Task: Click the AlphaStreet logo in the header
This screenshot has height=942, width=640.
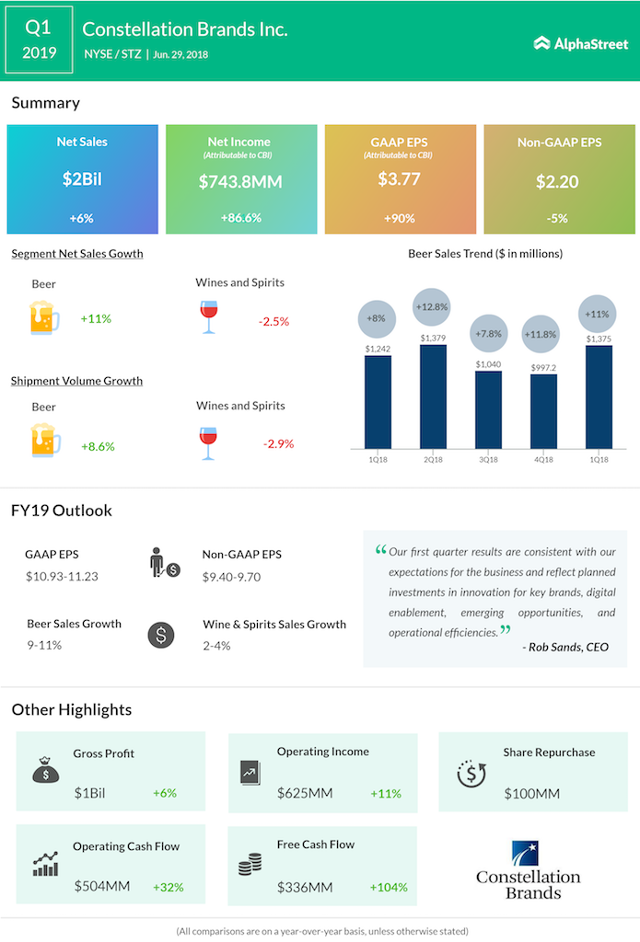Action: point(579,42)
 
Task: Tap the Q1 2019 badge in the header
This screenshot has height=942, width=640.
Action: point(39,40)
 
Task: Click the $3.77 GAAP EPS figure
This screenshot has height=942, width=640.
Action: point(400,178)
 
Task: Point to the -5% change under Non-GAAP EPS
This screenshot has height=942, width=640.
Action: point(558,219)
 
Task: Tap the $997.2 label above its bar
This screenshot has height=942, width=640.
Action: point(543,366)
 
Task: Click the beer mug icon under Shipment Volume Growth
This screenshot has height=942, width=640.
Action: point(44,441)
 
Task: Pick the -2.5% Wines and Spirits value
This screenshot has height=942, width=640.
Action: point(273,321)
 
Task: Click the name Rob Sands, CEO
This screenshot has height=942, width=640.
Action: point(565,647)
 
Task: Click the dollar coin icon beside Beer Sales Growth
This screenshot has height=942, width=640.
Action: point(161,635)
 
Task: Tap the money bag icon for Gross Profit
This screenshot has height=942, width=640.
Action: point(45,771)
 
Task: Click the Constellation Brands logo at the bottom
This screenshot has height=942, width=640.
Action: point(528,870)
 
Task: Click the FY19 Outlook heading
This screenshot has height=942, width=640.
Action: point(62,511)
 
